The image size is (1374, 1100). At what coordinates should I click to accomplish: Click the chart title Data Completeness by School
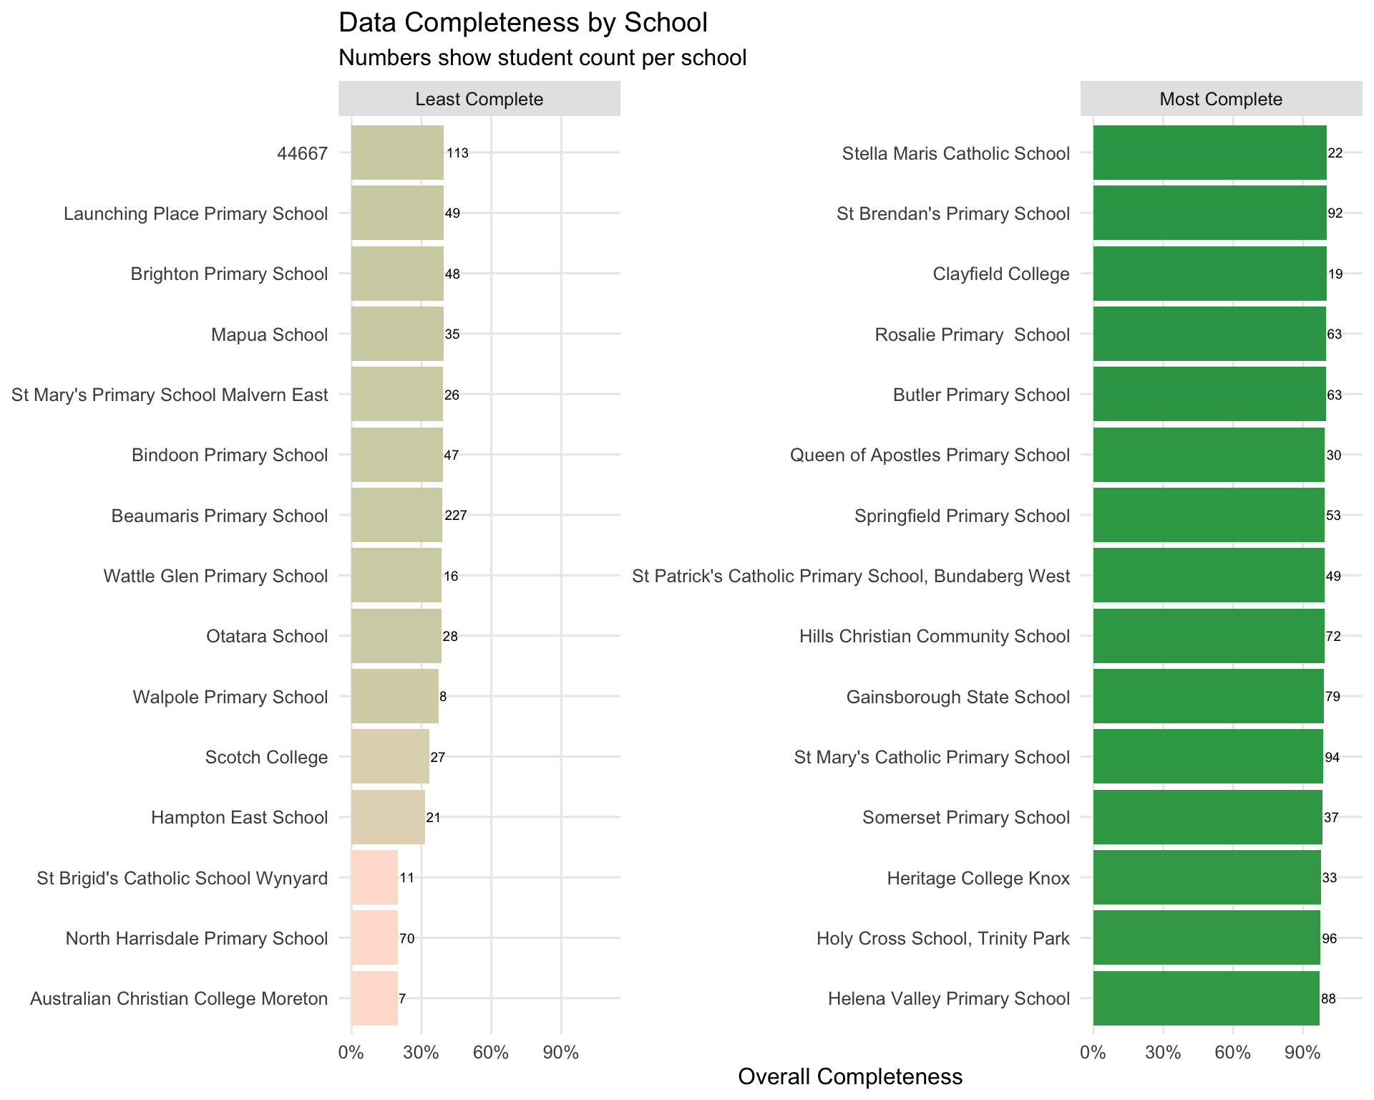coord(522,23)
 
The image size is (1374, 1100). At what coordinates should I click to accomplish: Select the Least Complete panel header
coord(479,99)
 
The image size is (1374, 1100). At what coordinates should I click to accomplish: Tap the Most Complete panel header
coord(1220,99)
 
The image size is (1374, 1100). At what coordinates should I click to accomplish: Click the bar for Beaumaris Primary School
coord(396,515)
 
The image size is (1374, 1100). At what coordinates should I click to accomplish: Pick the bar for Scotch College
coord(390,756)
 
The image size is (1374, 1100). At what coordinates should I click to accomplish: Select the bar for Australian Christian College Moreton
coord(374,998)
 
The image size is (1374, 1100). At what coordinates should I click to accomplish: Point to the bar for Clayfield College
coord(1209,274)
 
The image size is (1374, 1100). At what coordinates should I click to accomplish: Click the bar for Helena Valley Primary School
coord(1206,998)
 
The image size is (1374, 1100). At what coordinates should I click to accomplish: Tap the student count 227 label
coord(455,515)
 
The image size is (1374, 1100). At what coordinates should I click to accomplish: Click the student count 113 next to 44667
coord(457,153)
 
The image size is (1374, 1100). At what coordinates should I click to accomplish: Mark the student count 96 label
coord(1329,938)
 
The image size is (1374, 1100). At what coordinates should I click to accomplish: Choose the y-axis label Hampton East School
coord(239,817)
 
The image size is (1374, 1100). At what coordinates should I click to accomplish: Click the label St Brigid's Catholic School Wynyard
coord(182,878)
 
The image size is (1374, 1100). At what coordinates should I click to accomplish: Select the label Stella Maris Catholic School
coord(955,153)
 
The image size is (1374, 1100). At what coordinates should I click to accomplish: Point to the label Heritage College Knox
coord(978,878)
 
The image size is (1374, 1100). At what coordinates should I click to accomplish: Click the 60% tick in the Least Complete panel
coord(491,1053)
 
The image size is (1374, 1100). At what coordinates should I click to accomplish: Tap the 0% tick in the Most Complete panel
coord(1093,1053)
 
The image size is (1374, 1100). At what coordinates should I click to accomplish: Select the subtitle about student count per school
coord(542,58)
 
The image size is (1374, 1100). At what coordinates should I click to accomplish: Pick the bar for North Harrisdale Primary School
coord(374,937)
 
